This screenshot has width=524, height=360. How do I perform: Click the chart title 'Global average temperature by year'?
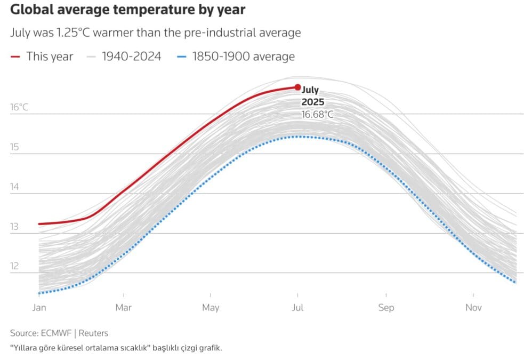coord(128,10)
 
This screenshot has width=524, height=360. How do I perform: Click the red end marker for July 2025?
coord(297,87)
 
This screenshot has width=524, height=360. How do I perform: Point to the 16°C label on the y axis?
coord(19,108)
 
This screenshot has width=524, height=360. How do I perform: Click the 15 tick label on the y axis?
coord(14,147)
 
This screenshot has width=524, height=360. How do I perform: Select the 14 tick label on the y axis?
coord(14,187)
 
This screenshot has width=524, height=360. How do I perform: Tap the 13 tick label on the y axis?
coord(14,227)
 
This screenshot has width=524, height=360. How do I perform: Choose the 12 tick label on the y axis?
coord(14,266)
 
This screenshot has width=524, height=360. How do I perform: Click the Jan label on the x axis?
coord(39,308)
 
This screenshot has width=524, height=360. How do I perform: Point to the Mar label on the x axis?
coord(124,308)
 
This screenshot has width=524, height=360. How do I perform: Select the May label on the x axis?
coord(211,308)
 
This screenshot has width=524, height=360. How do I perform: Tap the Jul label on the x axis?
coord(297,308)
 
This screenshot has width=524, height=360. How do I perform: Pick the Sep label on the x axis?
coord(386,308)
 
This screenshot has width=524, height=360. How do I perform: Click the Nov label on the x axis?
coord(473,308)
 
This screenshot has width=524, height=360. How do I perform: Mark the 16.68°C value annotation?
coord(318,114)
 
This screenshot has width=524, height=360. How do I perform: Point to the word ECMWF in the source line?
coord(55,333)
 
